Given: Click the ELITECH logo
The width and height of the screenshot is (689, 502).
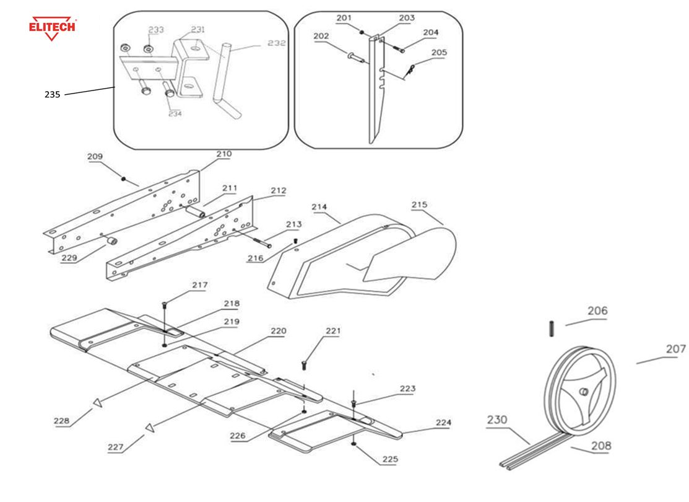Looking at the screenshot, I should [x=53, y=28].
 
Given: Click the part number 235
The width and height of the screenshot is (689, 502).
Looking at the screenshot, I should [x=52, y=95].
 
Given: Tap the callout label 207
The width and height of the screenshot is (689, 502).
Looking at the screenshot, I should [x=675, y=349].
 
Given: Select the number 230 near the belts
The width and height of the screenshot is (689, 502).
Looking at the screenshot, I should [x=497, y=420].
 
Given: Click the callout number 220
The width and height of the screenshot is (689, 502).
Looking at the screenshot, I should [x=277, y=332].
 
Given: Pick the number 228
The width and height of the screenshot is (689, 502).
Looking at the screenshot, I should [x=61, y=421].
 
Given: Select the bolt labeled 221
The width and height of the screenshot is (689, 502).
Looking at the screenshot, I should [x=304, y=364].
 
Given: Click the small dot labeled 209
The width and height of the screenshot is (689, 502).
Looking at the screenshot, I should [x=123, y=179].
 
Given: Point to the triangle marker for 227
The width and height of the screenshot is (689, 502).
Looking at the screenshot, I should [x=149, y=426].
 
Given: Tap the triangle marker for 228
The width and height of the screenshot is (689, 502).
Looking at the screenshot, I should [x=97, y=403].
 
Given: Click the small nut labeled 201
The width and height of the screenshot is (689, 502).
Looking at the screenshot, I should [x=362, y=30].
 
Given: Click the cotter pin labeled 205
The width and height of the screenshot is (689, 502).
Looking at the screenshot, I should [x=409, y=73].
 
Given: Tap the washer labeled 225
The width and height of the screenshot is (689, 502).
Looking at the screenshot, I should [x=353, y=444].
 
